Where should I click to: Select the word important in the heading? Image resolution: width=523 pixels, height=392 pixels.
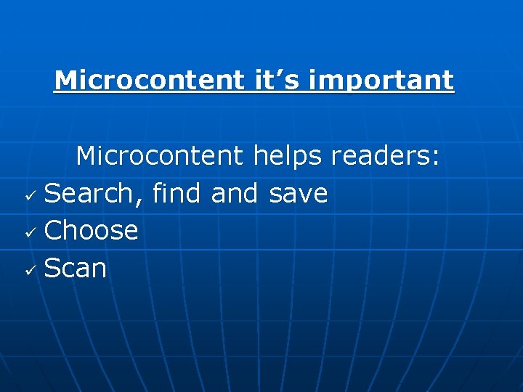pyautogui.click(x=381, y=80)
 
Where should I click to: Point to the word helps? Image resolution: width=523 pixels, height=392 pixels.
pyautogui.click(x=288, y=155)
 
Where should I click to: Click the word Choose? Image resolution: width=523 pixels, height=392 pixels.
pyautogui.click(x=91, y=231)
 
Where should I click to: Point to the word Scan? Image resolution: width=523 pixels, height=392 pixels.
pyautogui.click(x=75, y=269)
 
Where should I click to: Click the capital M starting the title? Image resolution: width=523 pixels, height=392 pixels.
pyautogui.click(x=64, y=80)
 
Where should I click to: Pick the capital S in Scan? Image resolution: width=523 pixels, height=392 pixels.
pyautogui.click(x=52, y=269)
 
